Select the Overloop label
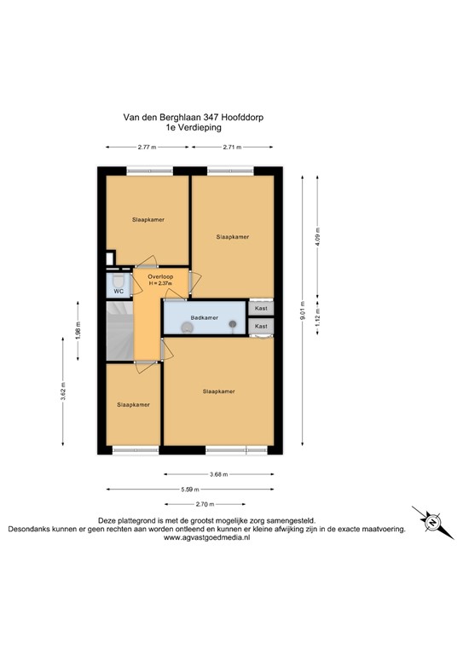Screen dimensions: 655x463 pyautogui.click(x=160, y=276)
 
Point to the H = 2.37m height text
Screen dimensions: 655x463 pyautogui.click(x=160, y=283)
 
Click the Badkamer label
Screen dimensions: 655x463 pyautogui.click(x=205, y=318)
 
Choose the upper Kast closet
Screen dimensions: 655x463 pyautogui.click(x=261, y=309)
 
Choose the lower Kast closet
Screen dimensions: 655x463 pyautogui.click(x=261, y=326)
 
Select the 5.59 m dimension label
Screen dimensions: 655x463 pyautogui.click(x=191, y=490)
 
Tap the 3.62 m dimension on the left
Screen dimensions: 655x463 pyautogui.click(x=64, y=393)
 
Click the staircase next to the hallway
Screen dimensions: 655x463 pyautogui.click(x=120, y=332)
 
